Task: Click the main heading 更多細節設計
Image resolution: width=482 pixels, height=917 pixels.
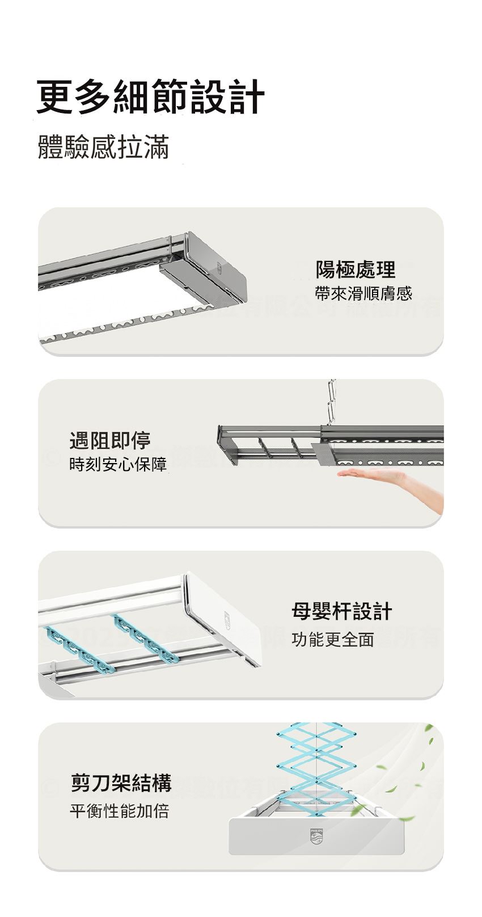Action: pyautogui.click(x=150, y=97)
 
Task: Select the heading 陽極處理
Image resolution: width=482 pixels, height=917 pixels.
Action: pyautogui.click(x=355, y=269)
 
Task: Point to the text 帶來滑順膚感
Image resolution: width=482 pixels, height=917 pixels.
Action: pyautogui.click(x=363, y=293)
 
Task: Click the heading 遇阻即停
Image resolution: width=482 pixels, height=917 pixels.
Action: pyautogui.click(x=109, y=440)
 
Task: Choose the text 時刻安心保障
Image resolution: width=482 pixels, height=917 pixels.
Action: pyautogui.click(x=118, y=464)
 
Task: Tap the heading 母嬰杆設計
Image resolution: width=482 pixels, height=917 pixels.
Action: pyautogui.click(x=342, y=611)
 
